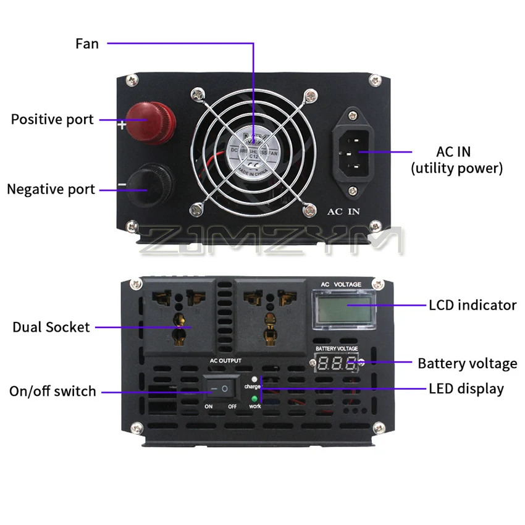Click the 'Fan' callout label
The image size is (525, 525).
tap(87, 43)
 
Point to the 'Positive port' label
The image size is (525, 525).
tap(52, 119)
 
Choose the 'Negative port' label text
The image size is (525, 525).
tap(51, 189)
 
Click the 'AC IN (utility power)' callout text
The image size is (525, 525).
tap(457, 159)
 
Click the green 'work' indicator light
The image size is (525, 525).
tap(254, 399)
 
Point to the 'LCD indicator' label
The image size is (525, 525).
tap(472, 304)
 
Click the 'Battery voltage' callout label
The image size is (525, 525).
tap(467, 363)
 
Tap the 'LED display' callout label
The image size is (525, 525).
tap(466, 388)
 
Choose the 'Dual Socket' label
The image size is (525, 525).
tap(51, 327)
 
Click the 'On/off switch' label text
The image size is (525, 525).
tap(52, 391)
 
